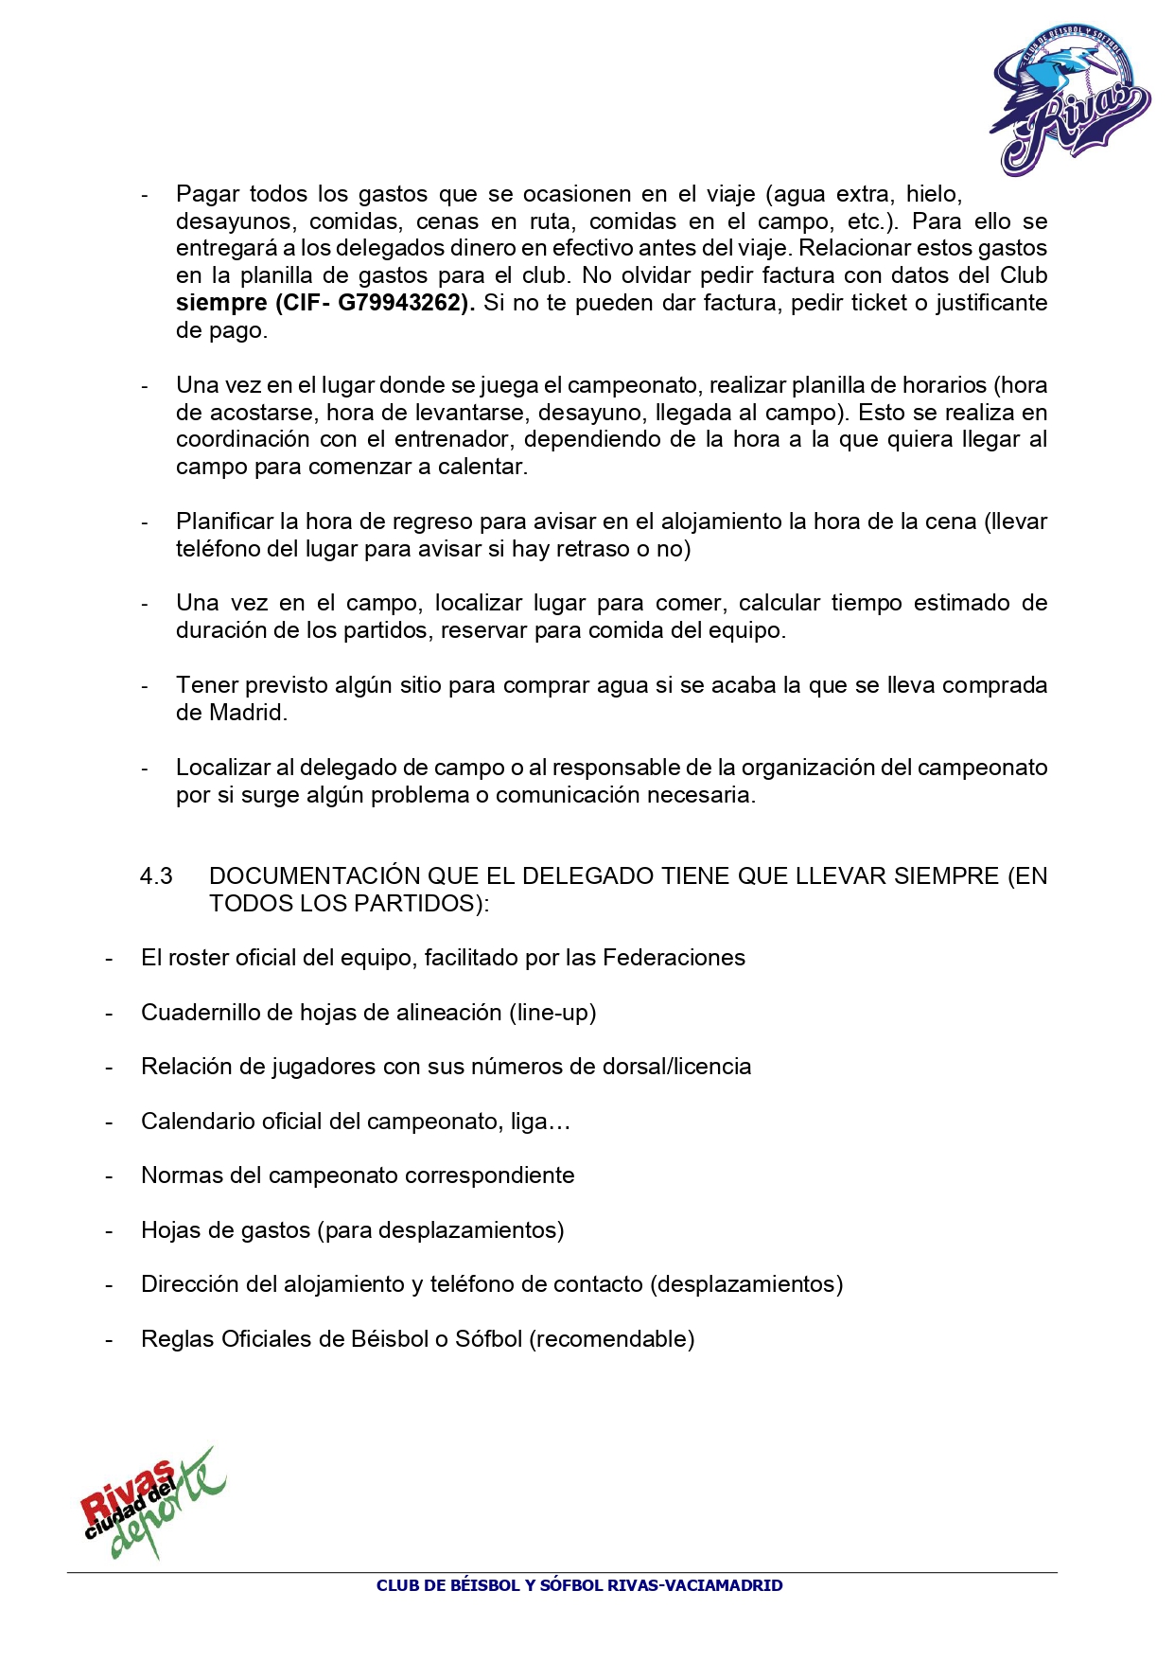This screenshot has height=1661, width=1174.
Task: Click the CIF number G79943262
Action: (x=404, y=303)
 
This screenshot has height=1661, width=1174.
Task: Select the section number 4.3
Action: (x=156, y=876)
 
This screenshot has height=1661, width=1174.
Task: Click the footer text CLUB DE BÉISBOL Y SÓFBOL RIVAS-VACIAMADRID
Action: (x=579, y=1585)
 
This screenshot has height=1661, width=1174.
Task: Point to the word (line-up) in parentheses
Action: (x=552, y=1013)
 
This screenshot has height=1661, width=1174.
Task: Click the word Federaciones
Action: (x=674, y=958)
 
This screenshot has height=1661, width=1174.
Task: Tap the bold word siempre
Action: (x=221, y=303)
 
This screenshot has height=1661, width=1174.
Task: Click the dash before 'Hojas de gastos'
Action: (x=110, y=1230)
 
